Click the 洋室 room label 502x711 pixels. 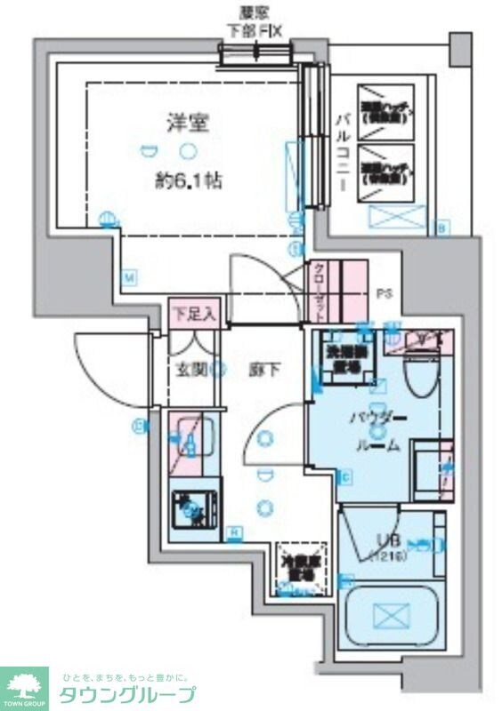187,124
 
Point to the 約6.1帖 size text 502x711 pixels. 188,180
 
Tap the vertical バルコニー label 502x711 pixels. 340,152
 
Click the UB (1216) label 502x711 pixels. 385,546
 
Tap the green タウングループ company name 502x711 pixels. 127,694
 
